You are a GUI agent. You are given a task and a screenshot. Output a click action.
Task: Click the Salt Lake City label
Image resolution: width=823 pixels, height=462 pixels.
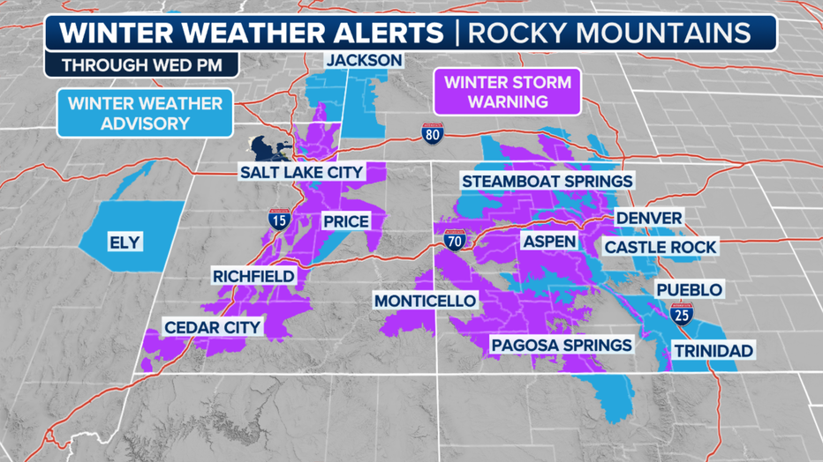[x=301, y=171]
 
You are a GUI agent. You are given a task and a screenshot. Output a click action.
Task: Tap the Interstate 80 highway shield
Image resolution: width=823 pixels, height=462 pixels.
[x=432, y=133]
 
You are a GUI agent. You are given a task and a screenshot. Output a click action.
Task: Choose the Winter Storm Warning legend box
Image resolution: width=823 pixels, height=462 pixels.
[x=507, y=93]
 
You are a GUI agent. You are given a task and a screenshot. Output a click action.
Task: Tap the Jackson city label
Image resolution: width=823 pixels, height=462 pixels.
[x=364, y=61]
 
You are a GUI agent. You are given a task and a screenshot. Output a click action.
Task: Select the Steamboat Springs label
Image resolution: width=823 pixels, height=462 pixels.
[x=547, y=181]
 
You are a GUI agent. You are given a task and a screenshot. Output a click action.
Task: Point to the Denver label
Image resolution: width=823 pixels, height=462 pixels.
[x=649, y=218]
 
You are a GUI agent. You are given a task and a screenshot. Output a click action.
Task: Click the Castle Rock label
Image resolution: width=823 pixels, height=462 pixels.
[x=661, y=247]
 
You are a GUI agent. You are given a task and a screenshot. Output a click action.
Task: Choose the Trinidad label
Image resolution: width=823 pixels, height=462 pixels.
[x=714, y=351]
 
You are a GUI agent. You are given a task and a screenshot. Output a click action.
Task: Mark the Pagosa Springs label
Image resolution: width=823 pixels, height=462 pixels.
[x=562, y=345]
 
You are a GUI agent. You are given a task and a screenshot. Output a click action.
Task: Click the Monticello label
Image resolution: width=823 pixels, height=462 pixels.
[x=425, y=301]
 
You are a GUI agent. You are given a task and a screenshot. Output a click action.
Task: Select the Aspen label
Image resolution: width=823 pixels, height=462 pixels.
[x=548, y=241]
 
